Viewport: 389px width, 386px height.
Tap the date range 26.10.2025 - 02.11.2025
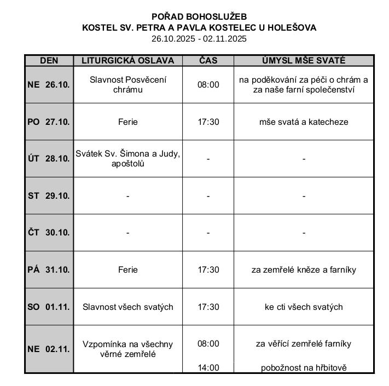click(x=199, y=38)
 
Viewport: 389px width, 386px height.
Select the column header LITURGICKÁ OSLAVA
click(x=127, y=61)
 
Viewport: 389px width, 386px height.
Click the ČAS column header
click(x=208, y=61)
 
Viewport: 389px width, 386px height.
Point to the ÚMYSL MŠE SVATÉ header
click(x=304, y=61)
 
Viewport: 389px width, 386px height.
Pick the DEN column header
click(x=49, y=61)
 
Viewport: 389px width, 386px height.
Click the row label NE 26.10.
click(x=49, y=84)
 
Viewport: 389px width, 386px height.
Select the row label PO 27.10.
click(x=49, y=122)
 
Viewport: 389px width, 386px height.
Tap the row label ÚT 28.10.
click(x=49, y=159)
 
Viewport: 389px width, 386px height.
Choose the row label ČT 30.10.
click(x=49, y=232)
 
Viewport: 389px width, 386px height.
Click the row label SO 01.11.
click(x=49, y=307)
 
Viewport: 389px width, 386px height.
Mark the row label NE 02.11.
click(x=49, y=349)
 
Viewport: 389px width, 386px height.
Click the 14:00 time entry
click(x=208, y=368)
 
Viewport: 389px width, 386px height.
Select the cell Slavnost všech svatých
click(x=127, y=307)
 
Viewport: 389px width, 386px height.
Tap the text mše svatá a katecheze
click(x=304, y=122)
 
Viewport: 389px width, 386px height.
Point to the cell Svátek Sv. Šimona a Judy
click(x=127, y=158)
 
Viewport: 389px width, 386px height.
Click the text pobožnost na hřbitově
click(x=304, y=368)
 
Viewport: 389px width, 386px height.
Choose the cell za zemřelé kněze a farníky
click(x=304, y=269)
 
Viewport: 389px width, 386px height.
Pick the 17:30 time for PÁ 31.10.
click(x=208, y=269)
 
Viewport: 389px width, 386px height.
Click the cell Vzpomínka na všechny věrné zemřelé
click(x=127, y=349)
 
